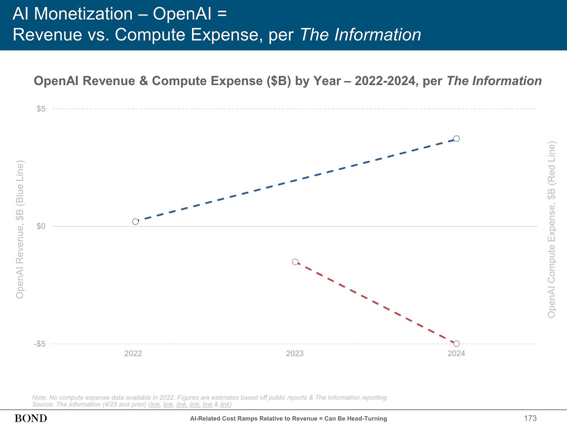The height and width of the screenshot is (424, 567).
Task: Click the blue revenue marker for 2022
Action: pyautogui.click(x=135, y=221)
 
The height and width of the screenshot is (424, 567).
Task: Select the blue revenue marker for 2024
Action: pyautogui.click(x=456, y=138)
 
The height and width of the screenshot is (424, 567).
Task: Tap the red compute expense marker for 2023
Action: pyautogui.click(x=295, y=261)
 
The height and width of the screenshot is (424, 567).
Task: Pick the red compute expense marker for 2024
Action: pyautogui.click(x=456, y=343)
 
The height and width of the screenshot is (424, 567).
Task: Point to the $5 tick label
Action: pyautogui.click(x=41, y=109)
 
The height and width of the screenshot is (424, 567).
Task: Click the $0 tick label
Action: pyautogui.click(x=41, y=226)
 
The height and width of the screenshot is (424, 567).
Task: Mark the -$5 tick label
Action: pyautogui.click(x=40, y=344)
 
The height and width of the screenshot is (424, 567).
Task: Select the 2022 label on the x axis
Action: pyautogui.click(x=133, y=353)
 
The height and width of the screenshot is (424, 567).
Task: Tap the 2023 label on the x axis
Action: pyautogui.click(x=295, y=353)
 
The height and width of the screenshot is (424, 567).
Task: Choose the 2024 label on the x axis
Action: pyautogui.click(x=456, y=353)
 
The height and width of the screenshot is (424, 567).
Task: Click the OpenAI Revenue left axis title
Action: pyautogui.click(x=20, y=230)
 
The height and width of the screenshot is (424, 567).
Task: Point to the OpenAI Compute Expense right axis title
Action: pyautogui.click(x=551, y=230)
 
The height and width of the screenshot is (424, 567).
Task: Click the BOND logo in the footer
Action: pyautogui.click(x=31, y=418)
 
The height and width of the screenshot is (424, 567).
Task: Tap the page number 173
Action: pyautogui.click(x=530, y=418)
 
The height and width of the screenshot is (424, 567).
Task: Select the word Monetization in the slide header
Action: pyautogui.click(x=83, y=14)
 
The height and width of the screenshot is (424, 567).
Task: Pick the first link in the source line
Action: pyautogui.click(x=155, y=405)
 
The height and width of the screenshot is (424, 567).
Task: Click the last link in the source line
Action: pyautogui.click(x=225, y=405)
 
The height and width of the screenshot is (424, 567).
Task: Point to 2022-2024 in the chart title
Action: pyautogui.click(x=385, y=81)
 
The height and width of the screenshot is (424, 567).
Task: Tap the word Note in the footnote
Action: pyautogui.click(x=39, y=397)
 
